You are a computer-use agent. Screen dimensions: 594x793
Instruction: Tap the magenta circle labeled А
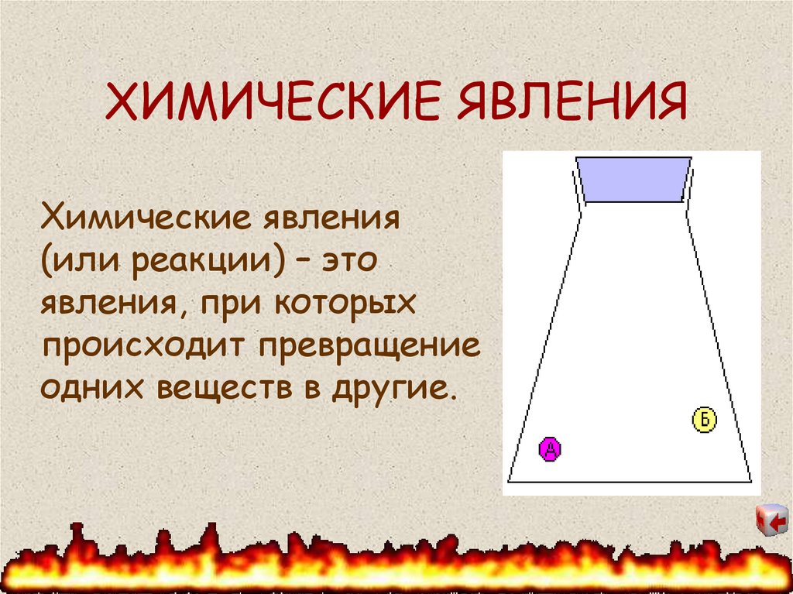click(x=549, y=449)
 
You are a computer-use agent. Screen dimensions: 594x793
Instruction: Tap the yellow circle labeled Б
click(x=704, y=420)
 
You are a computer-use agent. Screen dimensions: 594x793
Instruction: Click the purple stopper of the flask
click(x=633, y=180)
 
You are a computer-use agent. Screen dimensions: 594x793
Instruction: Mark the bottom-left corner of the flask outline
click(x=509, y=481)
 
